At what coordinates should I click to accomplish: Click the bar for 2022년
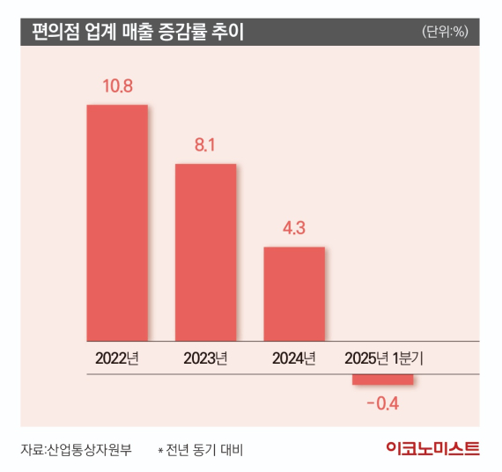point(116,223)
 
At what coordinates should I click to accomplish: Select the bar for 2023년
point(205,252)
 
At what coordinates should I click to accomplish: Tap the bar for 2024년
point(294,293)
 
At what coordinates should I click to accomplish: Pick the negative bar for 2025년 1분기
point(382,380)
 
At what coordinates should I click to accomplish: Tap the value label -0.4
point(382,404)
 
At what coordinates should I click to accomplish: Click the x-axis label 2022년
point(116,358)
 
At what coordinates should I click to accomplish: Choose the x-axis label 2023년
point(205,358)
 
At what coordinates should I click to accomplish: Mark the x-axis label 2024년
point(294,358)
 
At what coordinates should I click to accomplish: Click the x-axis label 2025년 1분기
point(384,358)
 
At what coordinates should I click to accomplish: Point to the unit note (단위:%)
point(446,33)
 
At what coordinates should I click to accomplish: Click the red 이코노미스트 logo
point(432,449)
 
